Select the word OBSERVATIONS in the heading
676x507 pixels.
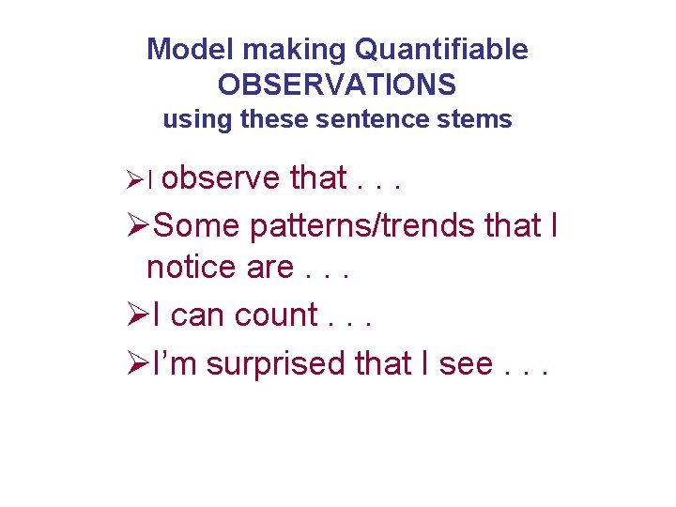(337, 85)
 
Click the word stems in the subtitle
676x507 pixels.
(481, 120)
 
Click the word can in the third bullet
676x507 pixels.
(199, 315)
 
